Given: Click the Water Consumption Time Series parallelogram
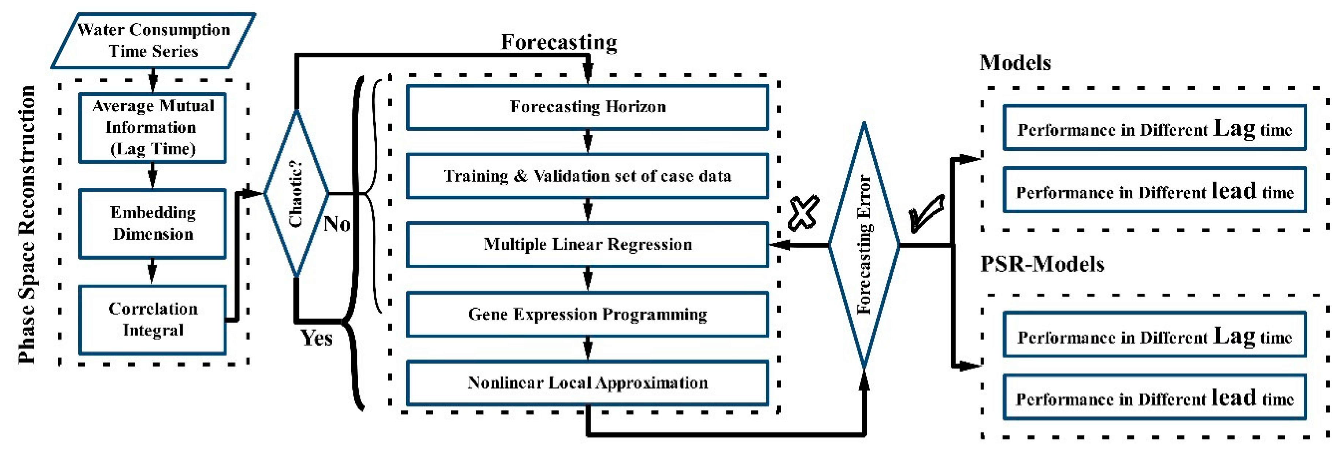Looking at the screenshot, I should tap(153, 41).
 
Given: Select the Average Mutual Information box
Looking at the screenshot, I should tap(152, 128).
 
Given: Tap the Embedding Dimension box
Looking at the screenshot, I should tap(152, 223).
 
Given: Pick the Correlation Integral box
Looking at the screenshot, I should tap(152, 319).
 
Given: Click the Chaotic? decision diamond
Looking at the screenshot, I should tap(296, 193).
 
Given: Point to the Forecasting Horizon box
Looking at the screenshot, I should tap(588, 107).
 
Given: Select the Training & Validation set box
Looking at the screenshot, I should tap(588, 176).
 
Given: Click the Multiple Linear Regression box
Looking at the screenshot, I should tap(588, 244).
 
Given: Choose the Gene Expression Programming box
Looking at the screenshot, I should tap(588, 314).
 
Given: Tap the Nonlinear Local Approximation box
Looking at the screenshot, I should tap(588, 383).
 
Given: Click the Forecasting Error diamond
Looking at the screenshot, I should tap(864, 244).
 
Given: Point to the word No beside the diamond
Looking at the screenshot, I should tap(337, 224).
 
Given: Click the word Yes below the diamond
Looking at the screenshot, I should tap(317, 338).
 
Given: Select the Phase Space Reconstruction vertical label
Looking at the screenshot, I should tap(27, 224).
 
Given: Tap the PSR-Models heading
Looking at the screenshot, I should tap(1042, 264).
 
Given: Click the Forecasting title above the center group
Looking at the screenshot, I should tap(559, 42).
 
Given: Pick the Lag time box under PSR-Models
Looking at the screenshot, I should tap(1154, 335).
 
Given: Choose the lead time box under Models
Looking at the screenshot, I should tap(1154, 190).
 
